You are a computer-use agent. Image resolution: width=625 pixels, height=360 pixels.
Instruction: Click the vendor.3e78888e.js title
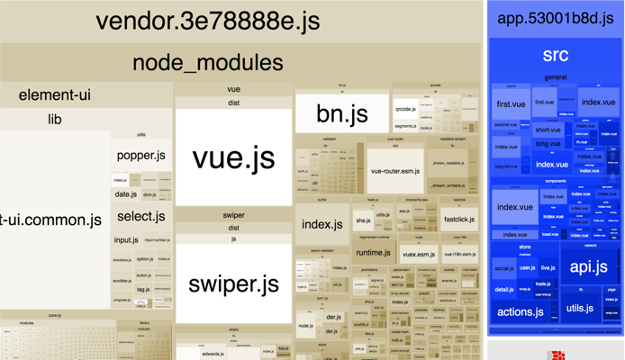pyautogui.click(x=208, y=22)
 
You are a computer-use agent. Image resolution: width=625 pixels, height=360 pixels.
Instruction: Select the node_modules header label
pyautogui.click(x=208, y=62)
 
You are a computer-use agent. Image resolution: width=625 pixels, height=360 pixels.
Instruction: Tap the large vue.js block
pyautogui.click(x=233, y=157)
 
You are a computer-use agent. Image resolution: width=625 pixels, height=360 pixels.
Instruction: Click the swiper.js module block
pyautogui.click(x=233, y=283)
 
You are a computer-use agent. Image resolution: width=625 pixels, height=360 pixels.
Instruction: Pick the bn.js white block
pyautogui.click(x=342, y=113)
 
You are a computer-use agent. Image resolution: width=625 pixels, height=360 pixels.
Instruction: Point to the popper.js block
pyautogui.click(x=140, y=156)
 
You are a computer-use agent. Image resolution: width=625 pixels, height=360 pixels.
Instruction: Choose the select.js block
pyautogui.click(x=140, y=216)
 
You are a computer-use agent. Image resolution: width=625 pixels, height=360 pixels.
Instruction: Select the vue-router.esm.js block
pyautogui.click(x=394, y=171)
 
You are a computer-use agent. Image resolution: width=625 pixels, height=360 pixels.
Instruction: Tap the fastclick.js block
pyautogui.click(x=459, y=219)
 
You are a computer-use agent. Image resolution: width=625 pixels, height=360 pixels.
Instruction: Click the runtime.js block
pyautogui.click(x=373, y=253)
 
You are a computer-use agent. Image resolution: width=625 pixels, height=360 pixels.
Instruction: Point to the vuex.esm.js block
pyautogui.click(x=419, y=255)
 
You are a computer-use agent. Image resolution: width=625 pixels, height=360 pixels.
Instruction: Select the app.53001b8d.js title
pyautogui.click(x=555, y=18)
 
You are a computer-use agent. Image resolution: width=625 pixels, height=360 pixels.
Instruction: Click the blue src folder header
pyautogui.click(x=555, y=56)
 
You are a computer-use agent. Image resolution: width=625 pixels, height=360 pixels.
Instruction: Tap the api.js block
pyautogui.click(x=589, y=266)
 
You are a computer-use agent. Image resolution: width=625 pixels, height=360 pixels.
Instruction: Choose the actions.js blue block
pyautogui.click(x=520, y=311)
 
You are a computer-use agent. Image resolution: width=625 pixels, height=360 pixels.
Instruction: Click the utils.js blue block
pyautogui.click(x=580, y=309)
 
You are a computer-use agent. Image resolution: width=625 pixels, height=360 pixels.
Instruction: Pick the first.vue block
pyautogui.click(x=511, y=104)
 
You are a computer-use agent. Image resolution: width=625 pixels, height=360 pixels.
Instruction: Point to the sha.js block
pyautogui.click(x=362, y=220)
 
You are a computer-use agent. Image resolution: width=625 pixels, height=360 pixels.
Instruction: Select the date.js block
pyautogui.click(x=125, y=194)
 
